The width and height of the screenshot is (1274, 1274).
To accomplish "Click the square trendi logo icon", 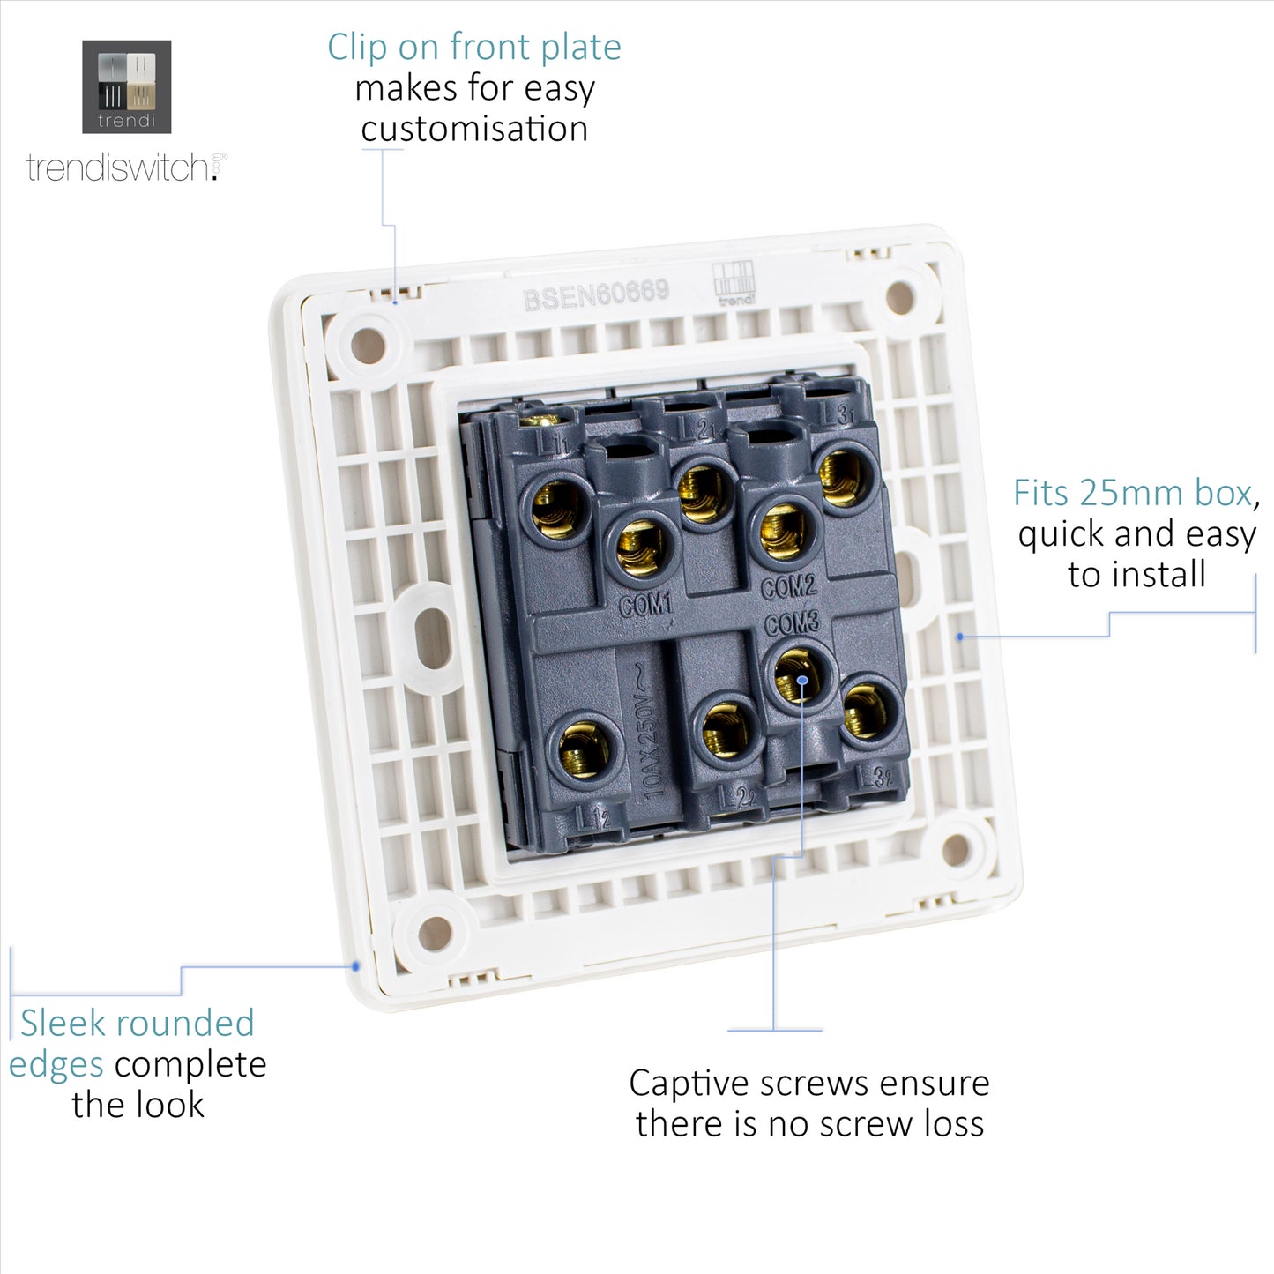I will tap(126, 86).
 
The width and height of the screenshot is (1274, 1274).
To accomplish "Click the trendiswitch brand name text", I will tap(119, 168).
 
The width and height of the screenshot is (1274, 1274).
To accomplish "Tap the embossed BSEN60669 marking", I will tap(596, 294).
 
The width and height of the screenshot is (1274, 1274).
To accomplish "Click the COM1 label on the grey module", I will tap(645, 605).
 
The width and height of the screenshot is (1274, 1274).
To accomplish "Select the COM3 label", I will tap(792, 623).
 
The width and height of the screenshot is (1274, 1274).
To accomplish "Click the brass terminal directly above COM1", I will tap(640, 547).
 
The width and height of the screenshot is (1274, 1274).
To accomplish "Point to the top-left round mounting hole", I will tap(368, 346).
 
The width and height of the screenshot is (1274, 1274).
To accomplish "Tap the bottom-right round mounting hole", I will tap(956, 850).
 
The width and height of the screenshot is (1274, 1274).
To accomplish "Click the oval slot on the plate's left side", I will tap(433, 636).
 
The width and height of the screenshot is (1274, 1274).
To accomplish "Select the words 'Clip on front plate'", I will tap(474, 48).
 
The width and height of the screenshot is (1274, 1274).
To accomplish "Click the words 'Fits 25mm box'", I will tap(1133, 493).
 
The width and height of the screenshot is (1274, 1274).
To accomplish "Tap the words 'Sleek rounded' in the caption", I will tap(138, 1024).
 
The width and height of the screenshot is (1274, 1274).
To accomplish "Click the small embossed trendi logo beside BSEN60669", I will tap(734, 282).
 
